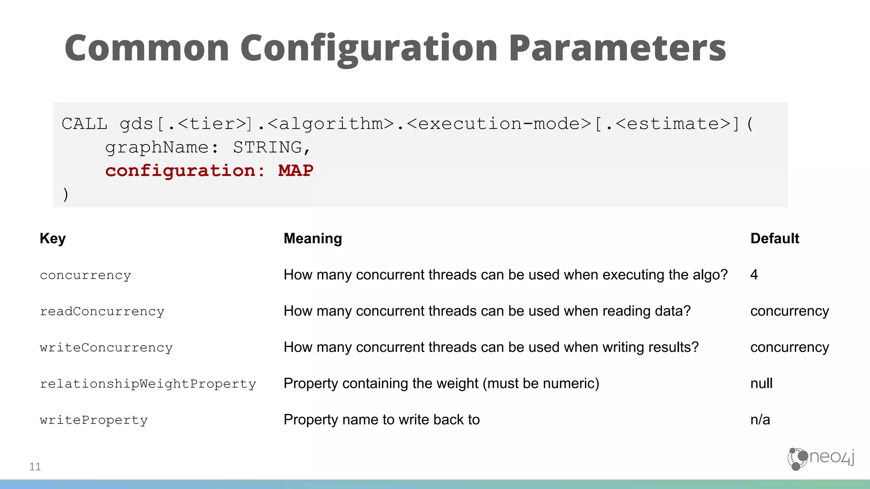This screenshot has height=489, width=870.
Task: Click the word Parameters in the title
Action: point(617,48)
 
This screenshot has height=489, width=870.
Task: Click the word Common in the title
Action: point(147,48)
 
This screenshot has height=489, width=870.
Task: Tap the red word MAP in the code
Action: point(296,171)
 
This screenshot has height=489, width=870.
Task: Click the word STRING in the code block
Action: point(268,147)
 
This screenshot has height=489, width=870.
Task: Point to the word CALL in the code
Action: point(84,124)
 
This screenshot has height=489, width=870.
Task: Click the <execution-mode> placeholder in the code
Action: point(499,124)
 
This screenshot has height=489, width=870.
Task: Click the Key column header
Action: point(53,239)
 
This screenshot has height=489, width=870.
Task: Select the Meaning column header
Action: point(313,239)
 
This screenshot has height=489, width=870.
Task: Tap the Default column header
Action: point(774,239)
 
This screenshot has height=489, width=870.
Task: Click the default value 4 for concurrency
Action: point(754,275)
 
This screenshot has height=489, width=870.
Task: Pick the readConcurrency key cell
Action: point(102,311)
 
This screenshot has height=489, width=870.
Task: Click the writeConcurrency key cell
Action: point(106,347)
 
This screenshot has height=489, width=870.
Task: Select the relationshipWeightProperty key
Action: point(148,384)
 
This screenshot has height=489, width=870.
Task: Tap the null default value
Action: point(761,383)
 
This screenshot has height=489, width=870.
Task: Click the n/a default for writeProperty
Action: point(760,419)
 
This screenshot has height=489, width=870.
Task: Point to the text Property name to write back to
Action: point(381,419)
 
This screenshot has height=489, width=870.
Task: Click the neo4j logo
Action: point(821,458)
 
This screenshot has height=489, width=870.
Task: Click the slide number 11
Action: point(35,467)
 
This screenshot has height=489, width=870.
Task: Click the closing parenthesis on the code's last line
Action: point(65,194)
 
